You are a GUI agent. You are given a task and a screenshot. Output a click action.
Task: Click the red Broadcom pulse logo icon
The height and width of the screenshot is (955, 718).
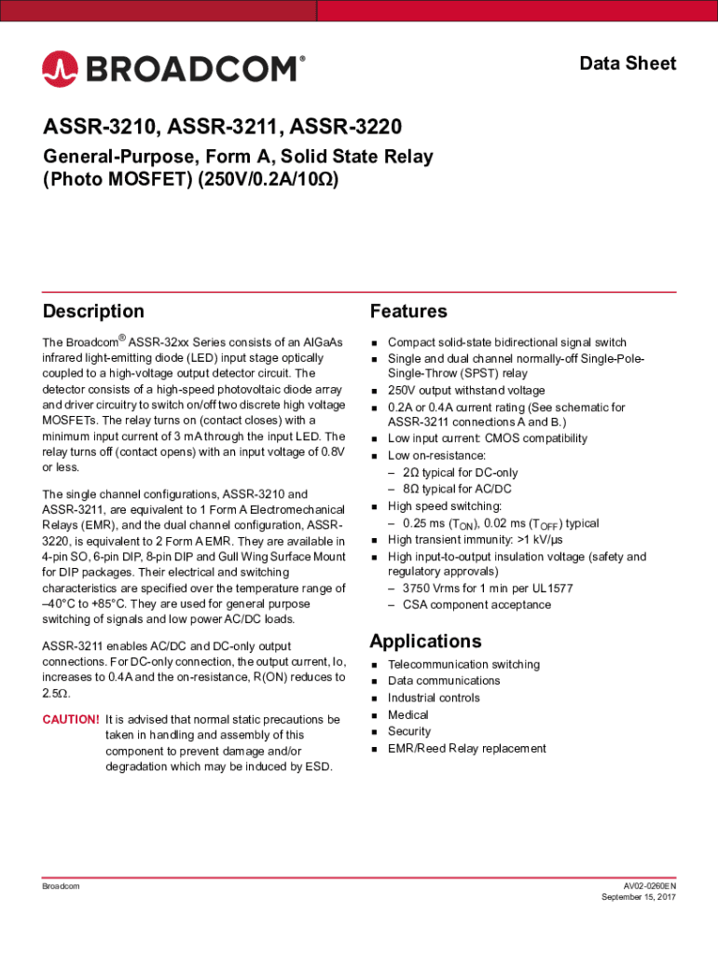click(61, 68)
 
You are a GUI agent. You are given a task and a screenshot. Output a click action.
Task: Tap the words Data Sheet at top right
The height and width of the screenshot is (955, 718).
click(628, 63)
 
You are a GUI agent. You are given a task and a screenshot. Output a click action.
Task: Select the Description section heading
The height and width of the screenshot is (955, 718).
click(93, 311)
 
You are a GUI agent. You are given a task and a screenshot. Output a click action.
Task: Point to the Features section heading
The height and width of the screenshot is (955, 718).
click(408, 311)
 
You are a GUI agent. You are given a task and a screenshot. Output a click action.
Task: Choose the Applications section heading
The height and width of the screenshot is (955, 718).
click(425, 641)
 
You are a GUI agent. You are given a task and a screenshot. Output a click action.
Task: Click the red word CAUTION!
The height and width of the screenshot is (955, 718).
click(71, 719)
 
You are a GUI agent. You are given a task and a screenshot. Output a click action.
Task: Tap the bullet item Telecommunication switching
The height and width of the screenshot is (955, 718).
click(463, 664)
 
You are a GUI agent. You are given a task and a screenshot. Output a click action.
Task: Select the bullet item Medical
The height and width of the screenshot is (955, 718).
click(408, 714)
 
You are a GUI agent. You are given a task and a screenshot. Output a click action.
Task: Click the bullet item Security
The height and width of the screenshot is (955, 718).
click(409, 731)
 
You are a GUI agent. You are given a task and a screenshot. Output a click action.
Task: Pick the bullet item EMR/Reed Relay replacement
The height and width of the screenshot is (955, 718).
click(467, 748)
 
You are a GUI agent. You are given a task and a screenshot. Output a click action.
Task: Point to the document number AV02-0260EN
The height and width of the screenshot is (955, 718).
click(650, 885)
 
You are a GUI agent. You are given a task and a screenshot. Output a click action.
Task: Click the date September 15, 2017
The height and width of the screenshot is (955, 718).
click(639, 897)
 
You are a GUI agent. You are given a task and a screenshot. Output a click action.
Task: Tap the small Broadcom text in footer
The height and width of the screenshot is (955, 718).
click(61, 885)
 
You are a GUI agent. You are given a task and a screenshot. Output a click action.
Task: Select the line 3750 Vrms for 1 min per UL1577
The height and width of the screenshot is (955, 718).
click(488, 588)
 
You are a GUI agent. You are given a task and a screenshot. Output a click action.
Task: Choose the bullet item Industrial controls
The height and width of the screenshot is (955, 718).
click(434, 698)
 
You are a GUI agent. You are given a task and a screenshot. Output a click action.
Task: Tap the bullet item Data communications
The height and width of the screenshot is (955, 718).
click(444, 681)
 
